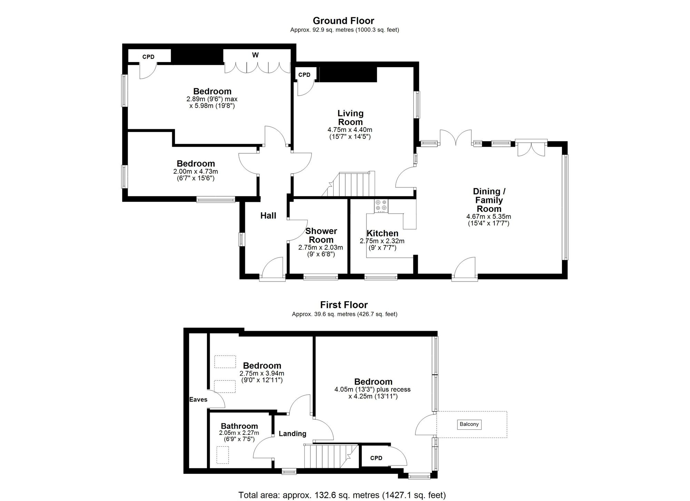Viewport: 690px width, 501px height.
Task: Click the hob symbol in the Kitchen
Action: (381, 205)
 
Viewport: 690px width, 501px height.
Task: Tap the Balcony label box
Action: (469, 424)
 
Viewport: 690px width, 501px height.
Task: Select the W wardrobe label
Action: (255, 55)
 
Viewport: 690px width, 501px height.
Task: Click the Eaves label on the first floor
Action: (198, 400)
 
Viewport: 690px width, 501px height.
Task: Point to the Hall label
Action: (268, 216)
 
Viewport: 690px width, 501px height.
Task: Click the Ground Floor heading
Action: (343, 21)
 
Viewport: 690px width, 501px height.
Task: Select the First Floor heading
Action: (344, 305)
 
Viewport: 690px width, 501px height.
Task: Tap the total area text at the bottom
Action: (342, 495)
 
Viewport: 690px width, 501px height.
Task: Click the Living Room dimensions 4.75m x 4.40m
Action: (350, 130)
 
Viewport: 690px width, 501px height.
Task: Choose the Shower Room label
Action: (321, 235)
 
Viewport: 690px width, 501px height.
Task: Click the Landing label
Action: (292, 434)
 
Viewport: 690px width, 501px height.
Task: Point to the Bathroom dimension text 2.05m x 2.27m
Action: (239, 433)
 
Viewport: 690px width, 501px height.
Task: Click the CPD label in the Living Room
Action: (304, 75)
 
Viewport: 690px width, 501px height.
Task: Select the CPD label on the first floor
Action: (376, 458)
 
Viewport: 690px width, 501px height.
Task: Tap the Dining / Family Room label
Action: (489, 200)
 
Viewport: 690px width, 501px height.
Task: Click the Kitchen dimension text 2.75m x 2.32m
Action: (382, 241)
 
